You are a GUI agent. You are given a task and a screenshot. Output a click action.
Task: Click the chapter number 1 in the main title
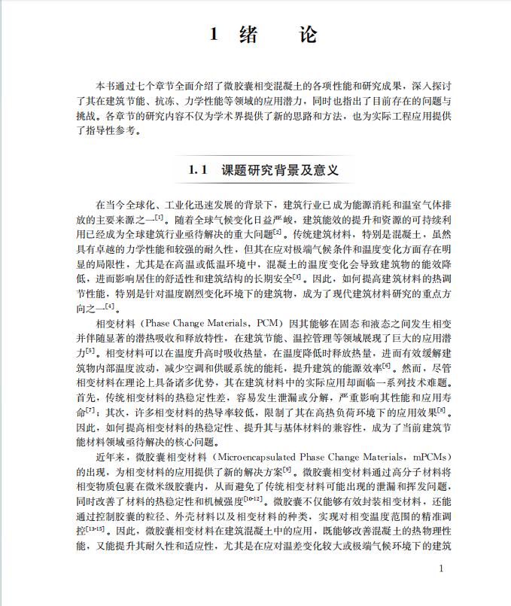click(x=214, y=35)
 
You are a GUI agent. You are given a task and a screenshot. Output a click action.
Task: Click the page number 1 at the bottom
click(x=442, y=569)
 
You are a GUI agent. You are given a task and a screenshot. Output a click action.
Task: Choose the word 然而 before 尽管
click(x=411, y=368)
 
